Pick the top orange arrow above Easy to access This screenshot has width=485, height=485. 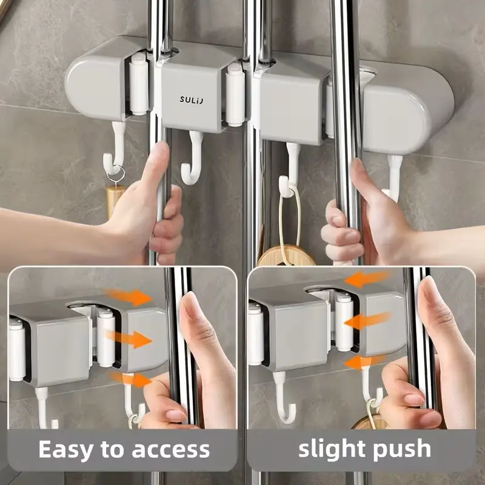[x=131, y=296]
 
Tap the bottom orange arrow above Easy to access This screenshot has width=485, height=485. [x=130, y=380]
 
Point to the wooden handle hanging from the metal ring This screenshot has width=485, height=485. [x=113, y=200]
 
